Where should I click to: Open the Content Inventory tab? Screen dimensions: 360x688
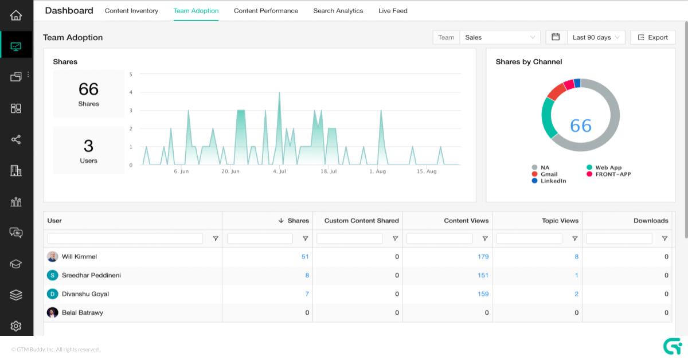click(131, 11)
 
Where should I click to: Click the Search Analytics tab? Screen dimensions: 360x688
click(338, 11)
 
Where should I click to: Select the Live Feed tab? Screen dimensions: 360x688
click(393, 11)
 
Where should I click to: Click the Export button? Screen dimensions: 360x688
click(652, 37)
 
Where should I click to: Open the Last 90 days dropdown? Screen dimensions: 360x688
click(596, 37)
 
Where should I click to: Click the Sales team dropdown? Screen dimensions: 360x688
click(500, 37)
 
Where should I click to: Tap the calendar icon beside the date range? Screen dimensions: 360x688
click(556, 37)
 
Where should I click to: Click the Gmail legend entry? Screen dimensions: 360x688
click(549, 174)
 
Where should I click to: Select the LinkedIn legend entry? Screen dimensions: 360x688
click(553, 181)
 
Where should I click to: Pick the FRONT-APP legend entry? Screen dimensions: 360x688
click(612, 174)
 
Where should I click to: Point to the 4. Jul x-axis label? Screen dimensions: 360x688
click(279, 171)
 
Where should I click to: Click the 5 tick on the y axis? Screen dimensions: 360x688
click(131, 75)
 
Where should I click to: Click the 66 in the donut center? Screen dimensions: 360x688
click(580, 126)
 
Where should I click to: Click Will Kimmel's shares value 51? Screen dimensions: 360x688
click(305, 257)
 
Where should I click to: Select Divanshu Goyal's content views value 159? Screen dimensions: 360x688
click(483, 294)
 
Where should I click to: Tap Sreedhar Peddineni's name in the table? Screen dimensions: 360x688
click(91, 275)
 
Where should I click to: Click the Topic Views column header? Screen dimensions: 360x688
click(560, 221)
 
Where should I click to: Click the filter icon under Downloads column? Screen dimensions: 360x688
click(664, 238)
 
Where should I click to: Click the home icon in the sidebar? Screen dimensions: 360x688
click(16, 15)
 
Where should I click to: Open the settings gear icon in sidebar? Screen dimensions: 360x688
click(16, 326)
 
